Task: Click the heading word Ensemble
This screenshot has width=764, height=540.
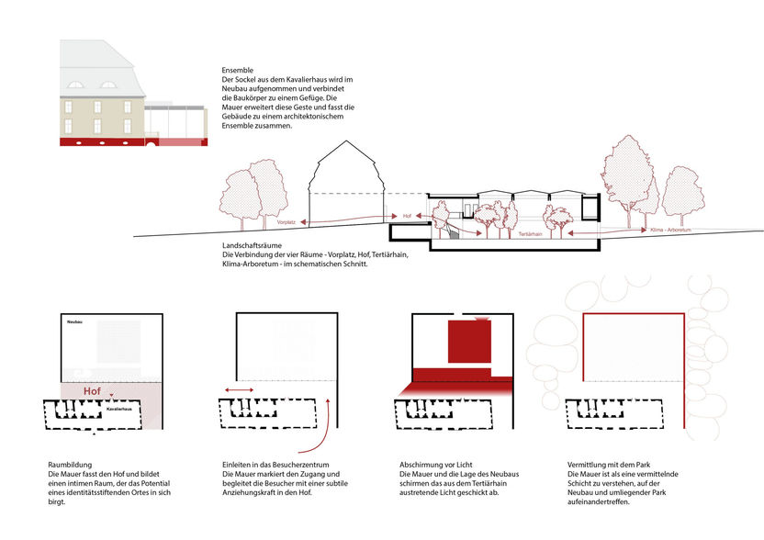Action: (238, 71)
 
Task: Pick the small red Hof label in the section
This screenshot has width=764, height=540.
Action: (408, 216)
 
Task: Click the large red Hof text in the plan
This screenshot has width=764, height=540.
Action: (92, 391)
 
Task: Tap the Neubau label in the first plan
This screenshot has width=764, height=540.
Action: (75, 323)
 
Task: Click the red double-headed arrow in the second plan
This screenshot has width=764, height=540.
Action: (240, 390)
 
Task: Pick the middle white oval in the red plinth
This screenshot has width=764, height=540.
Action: (96, 143)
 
